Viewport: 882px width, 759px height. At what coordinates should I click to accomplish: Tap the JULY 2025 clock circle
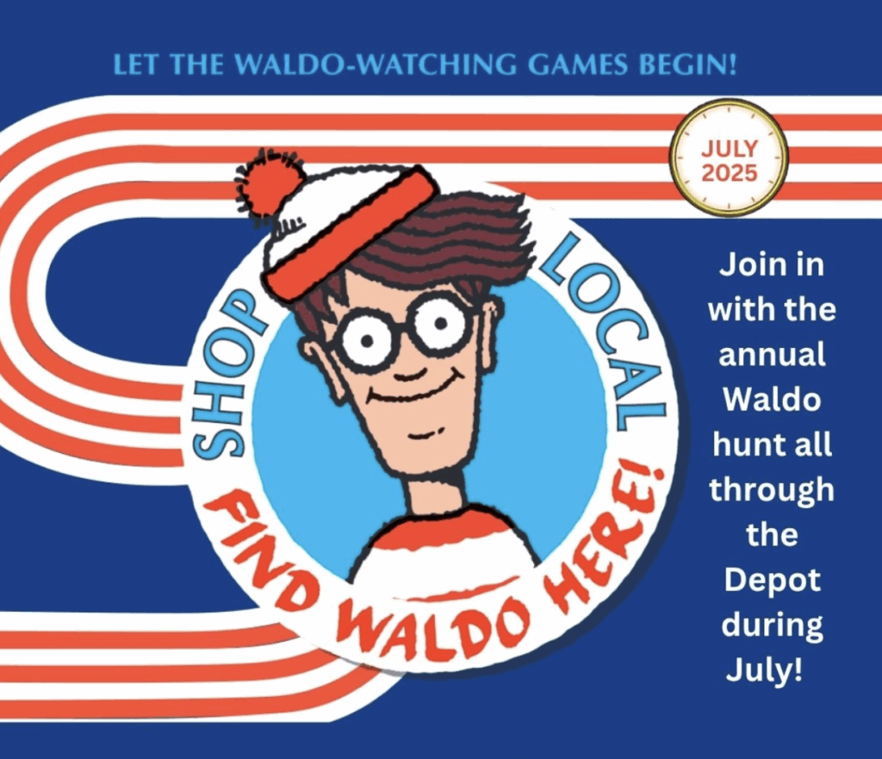730,158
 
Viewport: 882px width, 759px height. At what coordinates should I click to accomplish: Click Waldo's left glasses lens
369,339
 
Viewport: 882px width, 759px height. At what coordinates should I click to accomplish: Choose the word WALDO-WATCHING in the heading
381,65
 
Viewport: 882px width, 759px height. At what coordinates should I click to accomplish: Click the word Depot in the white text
773,580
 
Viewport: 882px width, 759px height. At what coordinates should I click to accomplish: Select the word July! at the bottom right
764,670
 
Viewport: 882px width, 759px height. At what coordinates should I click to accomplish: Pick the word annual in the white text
772,354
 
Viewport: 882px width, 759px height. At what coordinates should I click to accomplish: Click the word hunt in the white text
744,445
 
